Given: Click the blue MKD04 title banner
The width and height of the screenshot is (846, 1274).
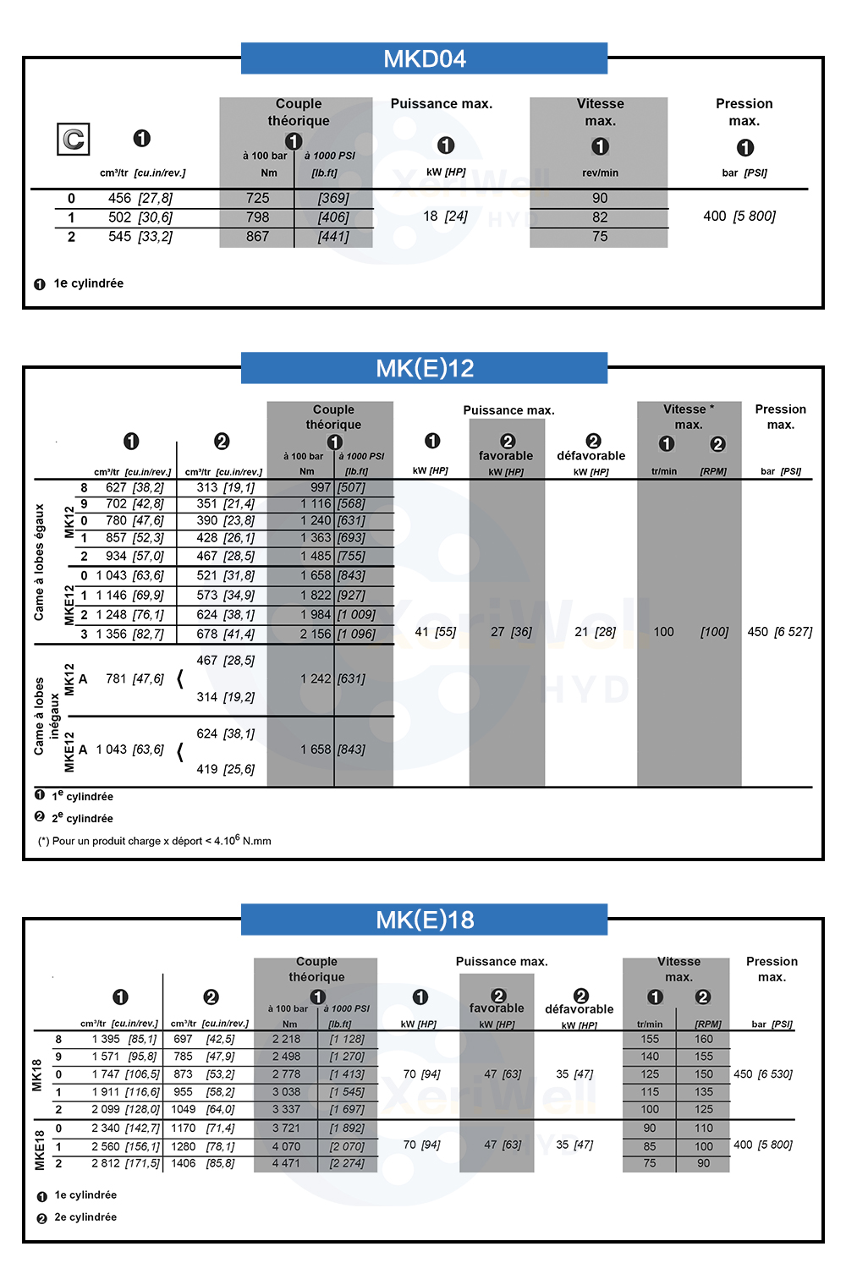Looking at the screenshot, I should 424,58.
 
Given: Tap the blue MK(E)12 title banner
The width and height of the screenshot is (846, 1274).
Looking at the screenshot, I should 424,368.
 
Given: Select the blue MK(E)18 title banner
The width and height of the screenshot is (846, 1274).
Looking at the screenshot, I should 424,920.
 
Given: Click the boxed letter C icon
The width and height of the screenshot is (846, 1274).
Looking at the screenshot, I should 74,140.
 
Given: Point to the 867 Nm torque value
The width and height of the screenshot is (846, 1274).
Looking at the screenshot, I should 257,237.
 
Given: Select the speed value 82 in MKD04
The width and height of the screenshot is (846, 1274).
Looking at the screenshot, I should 600,217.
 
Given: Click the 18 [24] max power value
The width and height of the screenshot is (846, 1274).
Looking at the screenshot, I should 445,217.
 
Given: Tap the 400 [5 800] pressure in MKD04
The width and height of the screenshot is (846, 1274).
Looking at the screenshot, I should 739,217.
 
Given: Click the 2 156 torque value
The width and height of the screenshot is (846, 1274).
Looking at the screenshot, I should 316,634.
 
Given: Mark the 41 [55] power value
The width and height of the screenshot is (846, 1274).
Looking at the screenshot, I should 435,632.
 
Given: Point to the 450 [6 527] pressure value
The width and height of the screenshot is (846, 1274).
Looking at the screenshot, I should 779,632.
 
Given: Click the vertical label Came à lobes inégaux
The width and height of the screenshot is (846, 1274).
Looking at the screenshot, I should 47,716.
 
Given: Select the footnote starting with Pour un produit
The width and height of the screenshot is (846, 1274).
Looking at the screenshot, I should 154,841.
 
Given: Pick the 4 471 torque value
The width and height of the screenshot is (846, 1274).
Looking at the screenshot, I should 286,1164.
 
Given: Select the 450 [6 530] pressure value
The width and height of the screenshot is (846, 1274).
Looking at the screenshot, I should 762,1074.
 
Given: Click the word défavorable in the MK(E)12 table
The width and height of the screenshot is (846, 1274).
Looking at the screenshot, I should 591,456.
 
